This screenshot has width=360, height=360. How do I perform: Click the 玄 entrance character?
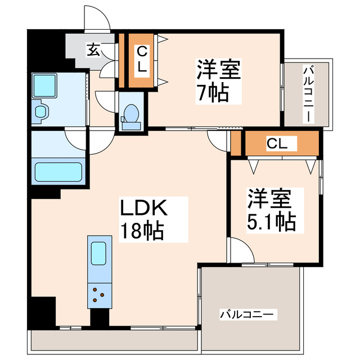(x=93, y=50)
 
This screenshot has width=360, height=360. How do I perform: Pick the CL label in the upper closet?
(x=142, y=60)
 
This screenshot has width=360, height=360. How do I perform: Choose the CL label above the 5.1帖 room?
(x=277, y=144)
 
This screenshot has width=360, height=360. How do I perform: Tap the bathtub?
(x=59, y=172)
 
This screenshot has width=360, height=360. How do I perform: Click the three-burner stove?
(x=100, y=294)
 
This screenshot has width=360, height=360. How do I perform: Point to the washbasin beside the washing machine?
(x=41, y=110)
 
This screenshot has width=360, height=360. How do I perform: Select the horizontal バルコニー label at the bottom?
(x=247, y=314)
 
